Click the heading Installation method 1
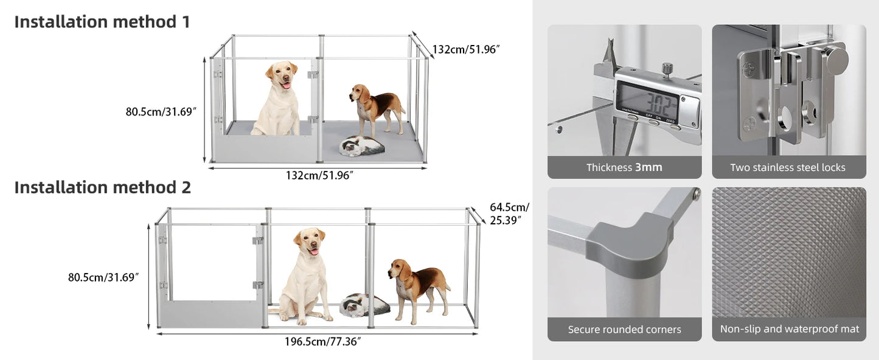(x=102, y=22)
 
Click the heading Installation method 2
(x=102, y=187)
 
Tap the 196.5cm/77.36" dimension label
(x=322, y=342)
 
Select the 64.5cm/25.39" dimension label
(x=509, y=213)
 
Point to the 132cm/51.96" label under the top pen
(x=319, y=176)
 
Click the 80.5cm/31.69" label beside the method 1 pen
(x=161, y=112)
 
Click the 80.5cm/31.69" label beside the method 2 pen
(x=103, y=277)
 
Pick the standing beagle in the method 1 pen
(x=375, y=108)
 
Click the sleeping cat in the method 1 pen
(x=361, y=146)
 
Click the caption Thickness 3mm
(x=624, y=167)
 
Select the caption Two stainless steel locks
(x=788, y=167)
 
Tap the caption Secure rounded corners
(x=624, y=330)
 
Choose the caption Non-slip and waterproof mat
(x=789, y=329)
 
